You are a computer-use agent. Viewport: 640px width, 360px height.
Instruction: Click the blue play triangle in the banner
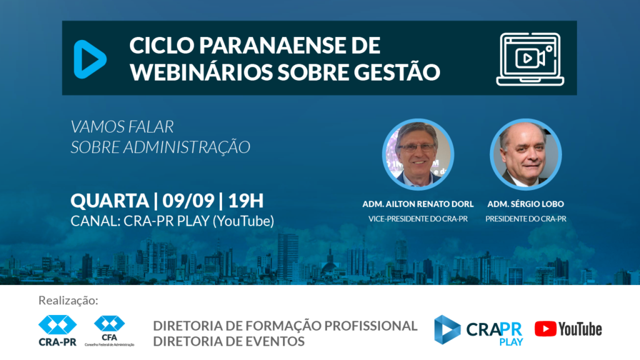(89, 59)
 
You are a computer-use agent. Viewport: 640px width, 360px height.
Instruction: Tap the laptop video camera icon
(530, 59)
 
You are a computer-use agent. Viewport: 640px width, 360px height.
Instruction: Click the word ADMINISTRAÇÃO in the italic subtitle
(187, 146)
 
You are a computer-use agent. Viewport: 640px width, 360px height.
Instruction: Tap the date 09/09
(188, 201)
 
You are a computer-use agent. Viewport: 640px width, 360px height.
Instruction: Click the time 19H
(246, 201)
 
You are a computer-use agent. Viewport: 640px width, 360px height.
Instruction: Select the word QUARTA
(110, 201)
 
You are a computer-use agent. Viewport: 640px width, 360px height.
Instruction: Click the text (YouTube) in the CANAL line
(244, 221)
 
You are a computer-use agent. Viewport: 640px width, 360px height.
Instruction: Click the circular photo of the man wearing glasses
(418, 154)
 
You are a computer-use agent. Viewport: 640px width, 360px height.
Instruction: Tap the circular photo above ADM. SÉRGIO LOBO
(526, 154)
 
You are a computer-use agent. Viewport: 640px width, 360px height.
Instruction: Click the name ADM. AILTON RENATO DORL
(418, 204)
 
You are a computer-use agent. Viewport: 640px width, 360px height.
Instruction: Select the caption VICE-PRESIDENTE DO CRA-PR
(418, 219)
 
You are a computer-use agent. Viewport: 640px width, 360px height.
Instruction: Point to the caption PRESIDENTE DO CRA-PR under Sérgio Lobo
(526, 219)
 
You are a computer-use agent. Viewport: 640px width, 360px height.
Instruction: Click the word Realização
(68, 301)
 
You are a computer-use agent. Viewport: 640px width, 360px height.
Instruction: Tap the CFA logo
(109, 331)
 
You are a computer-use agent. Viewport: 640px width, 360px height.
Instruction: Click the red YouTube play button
(545, 329)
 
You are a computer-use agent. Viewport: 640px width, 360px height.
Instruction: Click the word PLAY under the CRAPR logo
(511, 342)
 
